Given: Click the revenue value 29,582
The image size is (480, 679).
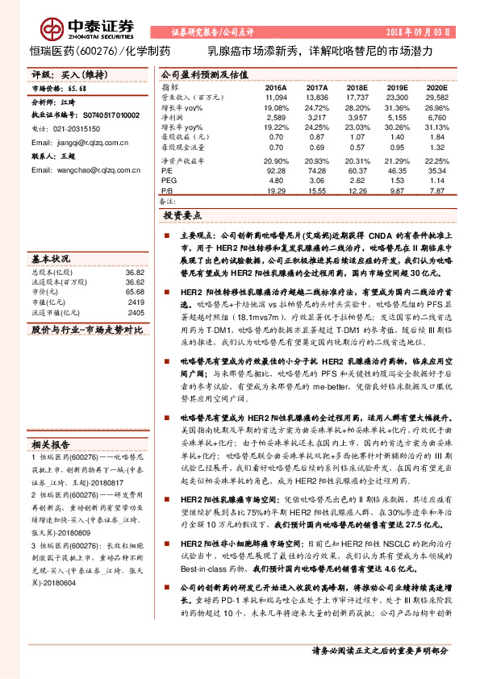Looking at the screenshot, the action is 436,96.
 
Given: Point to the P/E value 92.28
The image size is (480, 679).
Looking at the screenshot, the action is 276,170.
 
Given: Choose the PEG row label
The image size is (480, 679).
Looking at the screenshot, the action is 169,180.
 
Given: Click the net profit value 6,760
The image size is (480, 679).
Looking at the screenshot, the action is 436,117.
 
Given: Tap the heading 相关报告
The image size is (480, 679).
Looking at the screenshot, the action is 51,445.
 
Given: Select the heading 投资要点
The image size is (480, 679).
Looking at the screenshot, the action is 182,215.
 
